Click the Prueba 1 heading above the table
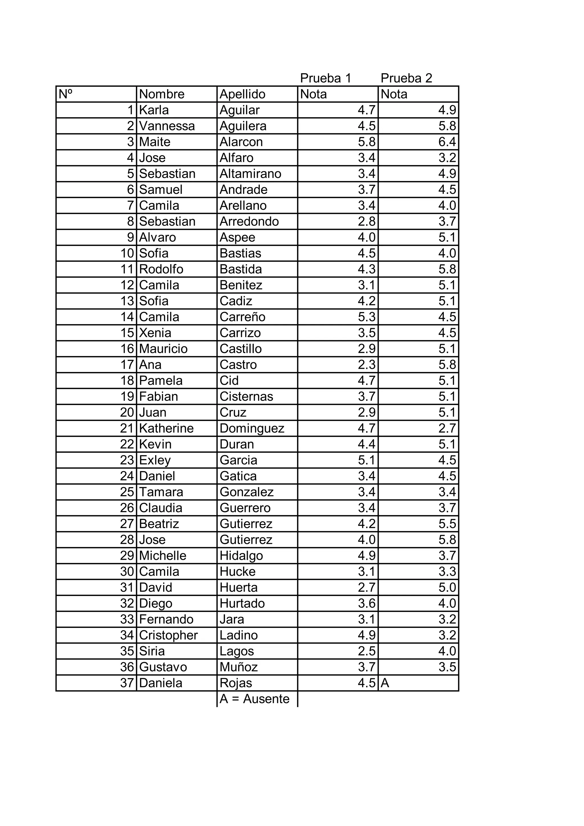click(x=325, y=78)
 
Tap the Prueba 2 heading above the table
click(x=406, y=78)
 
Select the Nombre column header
click(x=162, y=94)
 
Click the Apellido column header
click(x=242, y=94)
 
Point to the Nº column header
click(x=66, y=94)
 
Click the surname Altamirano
click(x=250, y=174)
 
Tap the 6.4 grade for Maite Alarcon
click(x=447, y=142)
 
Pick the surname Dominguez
click(x=252, y=428)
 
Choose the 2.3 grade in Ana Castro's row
click(x=366, y=365)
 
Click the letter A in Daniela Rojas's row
click(x=385, y=683)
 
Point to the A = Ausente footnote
click(x=254, y=699)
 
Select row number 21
click(x=127, y=428)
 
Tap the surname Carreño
click(x=242, y=317)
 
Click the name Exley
click(x=155, y=460)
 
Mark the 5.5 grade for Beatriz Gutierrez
click(x=447, y=524)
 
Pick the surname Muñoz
click(x=239, y=667)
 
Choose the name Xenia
click(x=155, y=333)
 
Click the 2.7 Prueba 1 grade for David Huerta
click(x=366, y=587)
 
